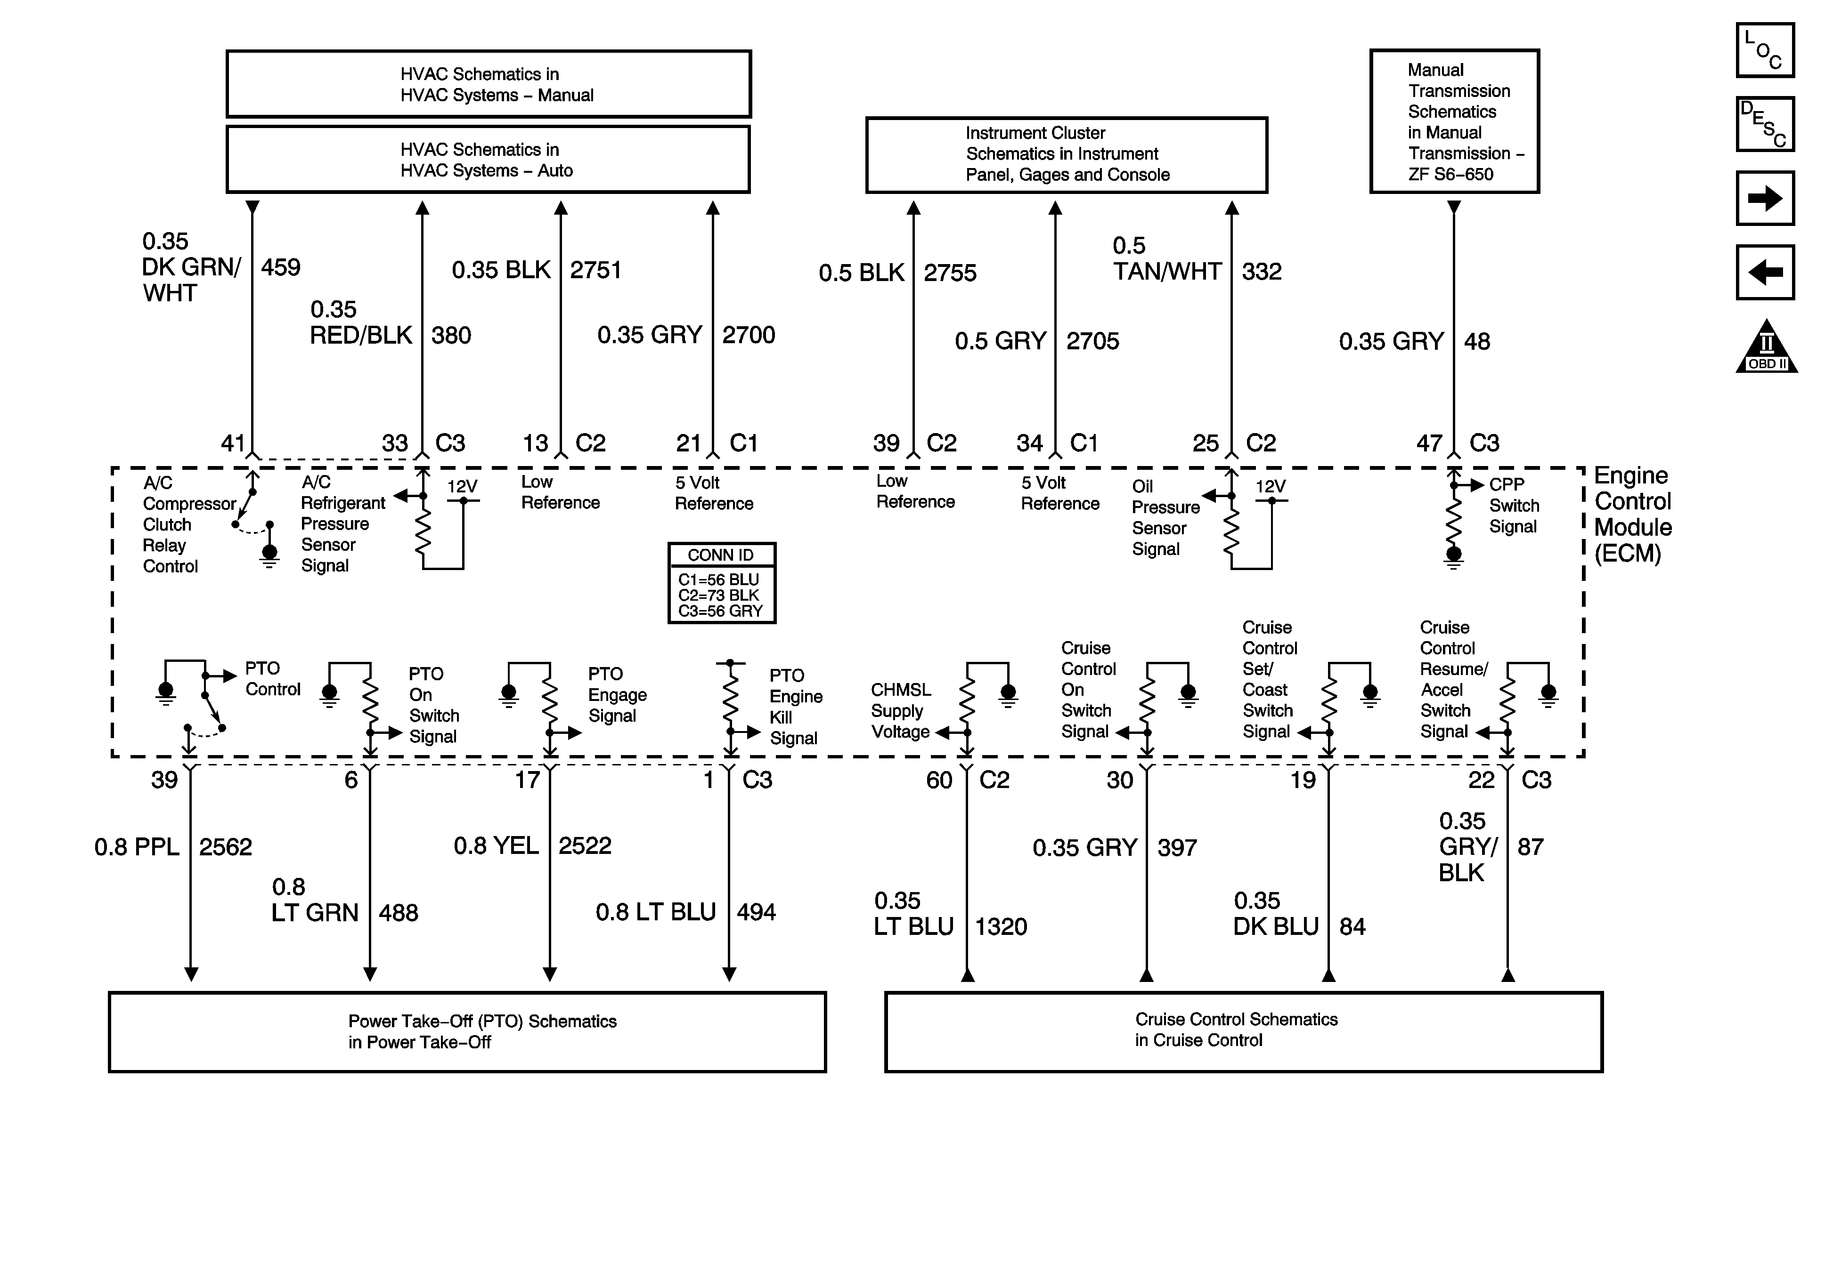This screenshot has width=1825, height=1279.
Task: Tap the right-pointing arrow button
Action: (1765, 198)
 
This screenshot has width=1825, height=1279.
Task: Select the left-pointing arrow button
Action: (1765, 273)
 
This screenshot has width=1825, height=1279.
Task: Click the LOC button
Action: (1765, 50)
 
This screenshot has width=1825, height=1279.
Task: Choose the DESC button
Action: (1765, 124)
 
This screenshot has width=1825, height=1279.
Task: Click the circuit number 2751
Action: (595, 270)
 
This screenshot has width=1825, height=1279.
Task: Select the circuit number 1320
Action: (1001, 926)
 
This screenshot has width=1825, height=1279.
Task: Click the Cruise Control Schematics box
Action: (1243, 1031)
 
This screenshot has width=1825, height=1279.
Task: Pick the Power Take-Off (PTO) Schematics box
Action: (467, 1031)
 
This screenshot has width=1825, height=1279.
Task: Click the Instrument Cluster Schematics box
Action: (1067, 155)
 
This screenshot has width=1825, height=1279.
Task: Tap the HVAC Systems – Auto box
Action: (488, 160)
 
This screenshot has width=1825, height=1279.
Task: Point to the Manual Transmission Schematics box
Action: (1455, 121)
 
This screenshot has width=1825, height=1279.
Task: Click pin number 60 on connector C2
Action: (939, 780)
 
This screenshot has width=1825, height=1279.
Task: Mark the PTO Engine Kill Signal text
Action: (795, 706)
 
